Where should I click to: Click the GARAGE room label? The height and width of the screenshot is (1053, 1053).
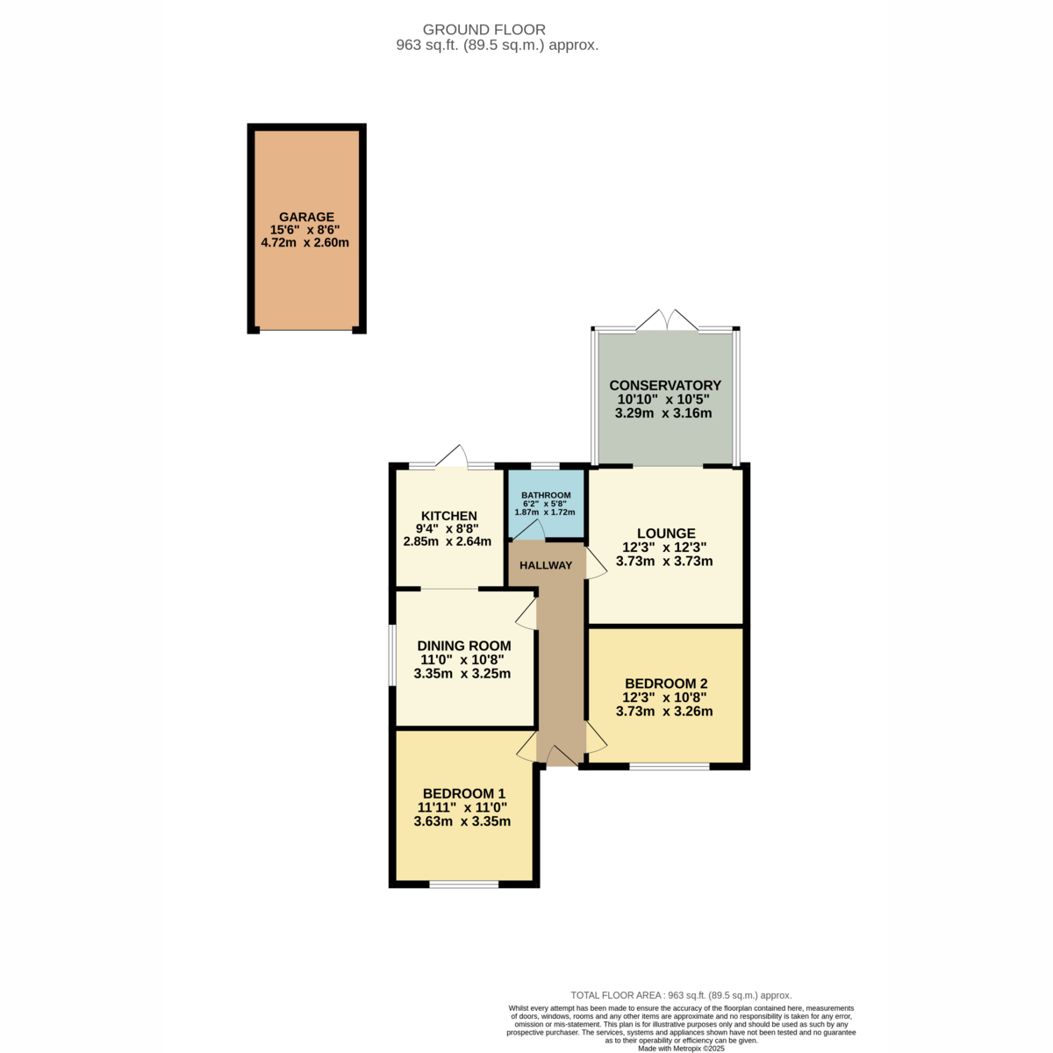click(x=306, y=217)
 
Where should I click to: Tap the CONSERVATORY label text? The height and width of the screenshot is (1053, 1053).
click(x=665, y=385)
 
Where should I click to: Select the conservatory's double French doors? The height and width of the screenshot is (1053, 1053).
click(x=667, y=319)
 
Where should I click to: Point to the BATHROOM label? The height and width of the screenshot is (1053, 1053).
click(x=546, y=495)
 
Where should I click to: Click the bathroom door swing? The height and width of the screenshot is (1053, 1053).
click(x=528, y=530)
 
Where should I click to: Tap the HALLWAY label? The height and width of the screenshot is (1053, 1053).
click(x=546, y=566)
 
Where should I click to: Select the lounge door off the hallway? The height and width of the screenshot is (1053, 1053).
click(x=596, y=563)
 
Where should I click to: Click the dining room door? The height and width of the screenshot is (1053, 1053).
click(x=526, y=612)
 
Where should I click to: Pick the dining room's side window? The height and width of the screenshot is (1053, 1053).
click(x=391, y=655)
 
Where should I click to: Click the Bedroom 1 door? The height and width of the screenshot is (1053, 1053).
click(x=526, y=747)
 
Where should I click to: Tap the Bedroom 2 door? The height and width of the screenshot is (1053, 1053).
click(x=596, y=737)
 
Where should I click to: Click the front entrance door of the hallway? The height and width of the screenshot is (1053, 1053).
click(x=562, y=756)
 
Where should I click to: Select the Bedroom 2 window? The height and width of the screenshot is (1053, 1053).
click(x=670, y=767)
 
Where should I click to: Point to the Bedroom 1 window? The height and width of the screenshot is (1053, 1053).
click(x=463, y=885)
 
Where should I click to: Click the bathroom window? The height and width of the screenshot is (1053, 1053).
click(x=546, y=466)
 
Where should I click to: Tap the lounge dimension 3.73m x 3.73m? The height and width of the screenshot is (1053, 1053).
click(x=664, y=562)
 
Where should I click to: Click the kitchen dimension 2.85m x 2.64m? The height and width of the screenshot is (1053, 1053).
click(x=447, y=541)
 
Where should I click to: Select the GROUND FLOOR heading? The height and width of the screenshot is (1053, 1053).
click(x=484, y=30)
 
